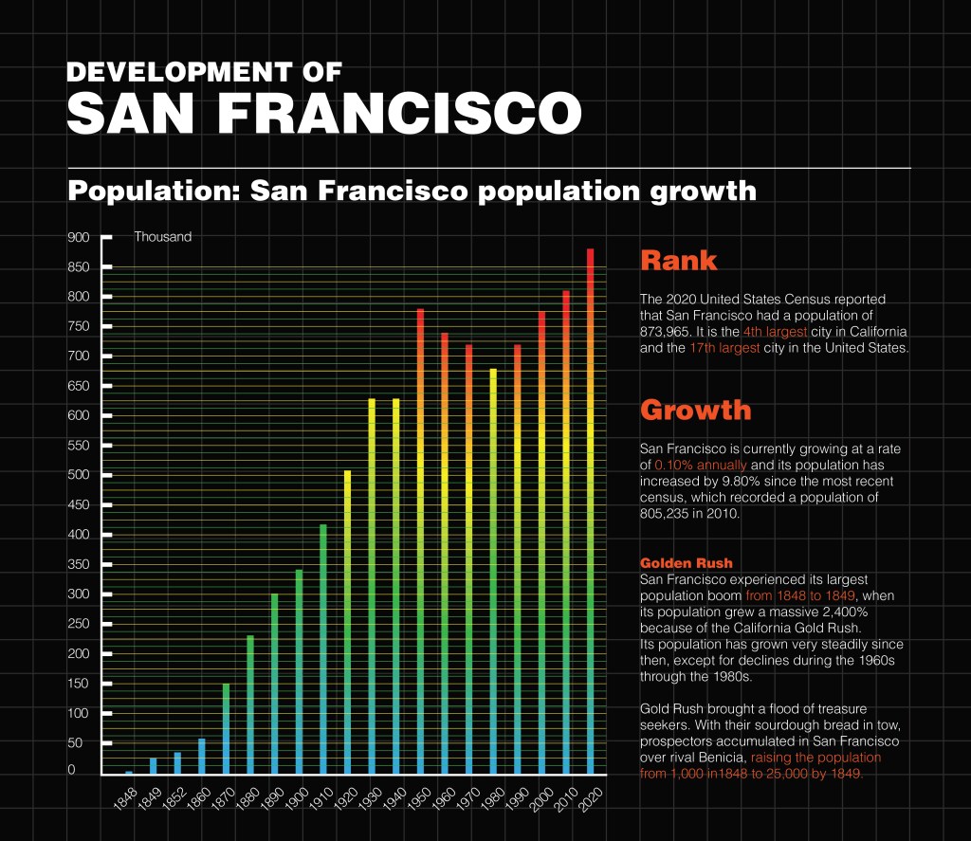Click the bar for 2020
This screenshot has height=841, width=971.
pos(591,512)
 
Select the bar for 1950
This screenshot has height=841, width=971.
pos(420,541)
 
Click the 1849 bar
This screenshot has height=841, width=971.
pos(153,766)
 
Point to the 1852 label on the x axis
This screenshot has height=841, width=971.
pos(172,797)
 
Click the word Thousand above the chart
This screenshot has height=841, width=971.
pos(162,237)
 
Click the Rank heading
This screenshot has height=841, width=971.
pos(678,260)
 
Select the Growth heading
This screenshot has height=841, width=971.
pos(695,410)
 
